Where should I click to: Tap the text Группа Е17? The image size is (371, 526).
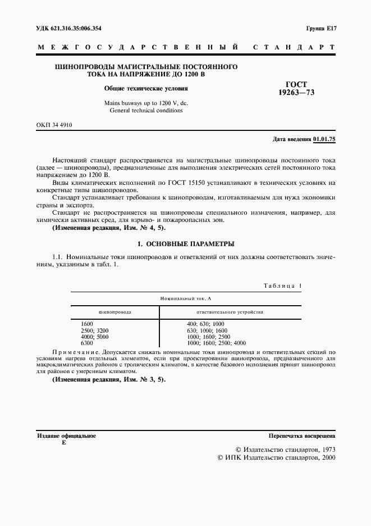point(320,28)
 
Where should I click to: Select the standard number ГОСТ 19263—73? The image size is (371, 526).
point(296,88)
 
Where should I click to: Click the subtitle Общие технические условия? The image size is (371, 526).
point(145,88)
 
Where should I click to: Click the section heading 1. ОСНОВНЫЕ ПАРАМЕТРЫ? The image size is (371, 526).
point(185,244)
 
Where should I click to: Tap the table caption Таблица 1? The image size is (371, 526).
point(282,286)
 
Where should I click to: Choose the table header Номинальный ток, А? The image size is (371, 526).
point(185,298)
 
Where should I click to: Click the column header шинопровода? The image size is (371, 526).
point(114,311)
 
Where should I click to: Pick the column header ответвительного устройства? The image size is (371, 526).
point(229,311)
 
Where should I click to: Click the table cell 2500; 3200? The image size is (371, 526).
point(95,331)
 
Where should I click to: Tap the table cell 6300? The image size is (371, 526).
point(87,343)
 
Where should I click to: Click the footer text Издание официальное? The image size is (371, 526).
point(66,436)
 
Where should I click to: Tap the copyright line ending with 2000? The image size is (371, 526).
point(276,458)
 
